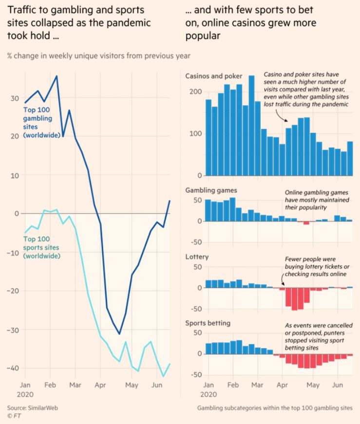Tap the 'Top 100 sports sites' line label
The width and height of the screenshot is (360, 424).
click(42, 247)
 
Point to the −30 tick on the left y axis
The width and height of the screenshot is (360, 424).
click(15, 330)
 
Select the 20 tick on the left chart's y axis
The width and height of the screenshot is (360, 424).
click(15, 136)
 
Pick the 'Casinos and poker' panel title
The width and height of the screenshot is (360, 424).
click(214, 76)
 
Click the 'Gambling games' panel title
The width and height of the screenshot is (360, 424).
click(211, 190)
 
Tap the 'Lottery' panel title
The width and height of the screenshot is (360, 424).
click(197, 256)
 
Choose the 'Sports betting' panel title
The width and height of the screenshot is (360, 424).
click(208, 323)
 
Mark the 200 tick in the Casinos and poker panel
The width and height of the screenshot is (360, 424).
click(195, 92)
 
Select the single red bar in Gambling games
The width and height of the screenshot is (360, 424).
click(306, 223)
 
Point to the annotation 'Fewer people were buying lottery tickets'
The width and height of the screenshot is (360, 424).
click(315, 266)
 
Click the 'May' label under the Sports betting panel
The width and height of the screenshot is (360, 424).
click(313, 385)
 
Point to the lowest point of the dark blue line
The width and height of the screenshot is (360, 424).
click(119, 334)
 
